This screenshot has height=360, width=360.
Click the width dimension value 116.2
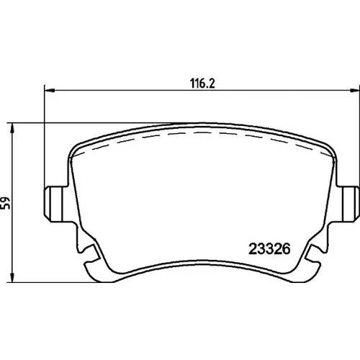click(x=202, y=84)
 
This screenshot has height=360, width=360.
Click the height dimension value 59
click(x=5, y=203)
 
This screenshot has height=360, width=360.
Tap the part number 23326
click(x=269, y=249)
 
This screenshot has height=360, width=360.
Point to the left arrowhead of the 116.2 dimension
click(x=50, y=90)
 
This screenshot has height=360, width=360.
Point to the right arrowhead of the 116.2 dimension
click(x=355, y=90)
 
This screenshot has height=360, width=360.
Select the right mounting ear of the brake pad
click(x=348, y=204)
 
